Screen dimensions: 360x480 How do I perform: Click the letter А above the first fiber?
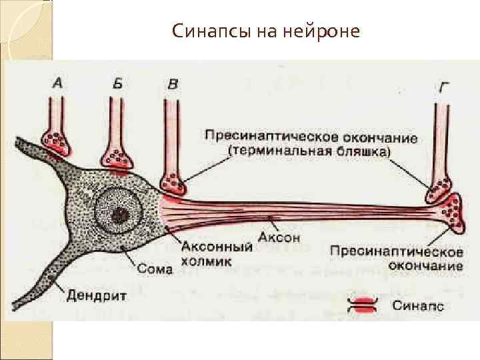click(x=58, y=83)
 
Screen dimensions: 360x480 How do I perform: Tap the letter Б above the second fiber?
click(x=117, y=83)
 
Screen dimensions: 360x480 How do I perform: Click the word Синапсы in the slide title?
click(x=209, y=31)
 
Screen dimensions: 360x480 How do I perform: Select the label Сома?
click(x=155, y=269)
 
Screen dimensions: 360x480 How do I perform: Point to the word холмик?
click(x=206, y=261)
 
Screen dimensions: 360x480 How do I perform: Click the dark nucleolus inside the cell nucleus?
click(x=121, y=215)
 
